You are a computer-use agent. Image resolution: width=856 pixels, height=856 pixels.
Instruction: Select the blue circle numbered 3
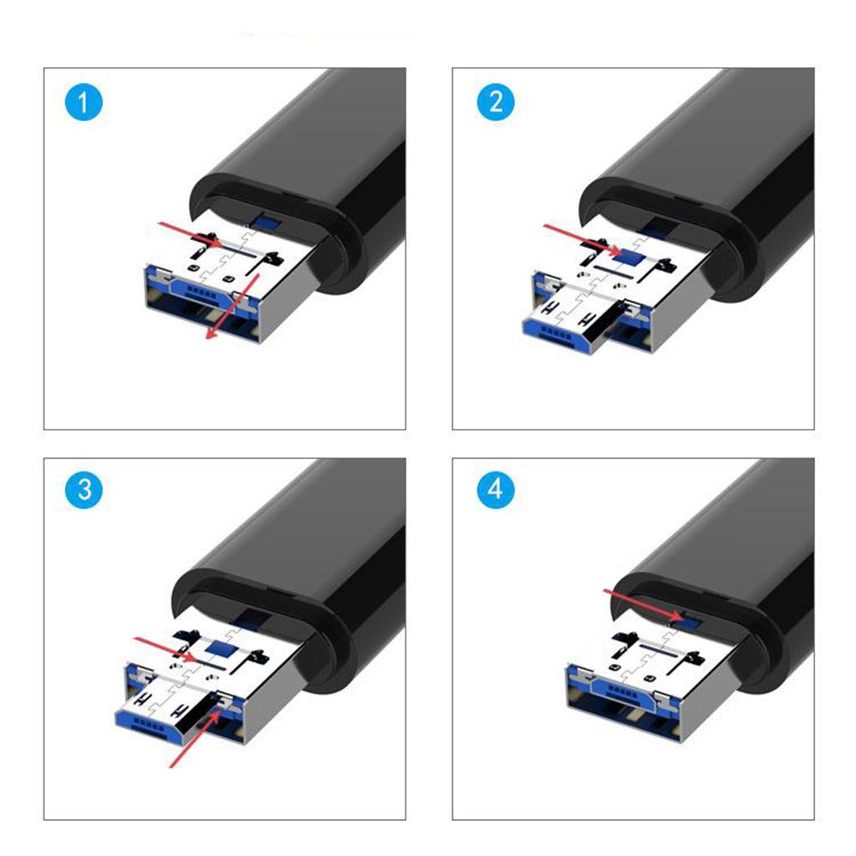(84, 490)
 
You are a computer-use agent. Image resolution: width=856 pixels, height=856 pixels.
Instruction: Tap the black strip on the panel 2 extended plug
(607, 323)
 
